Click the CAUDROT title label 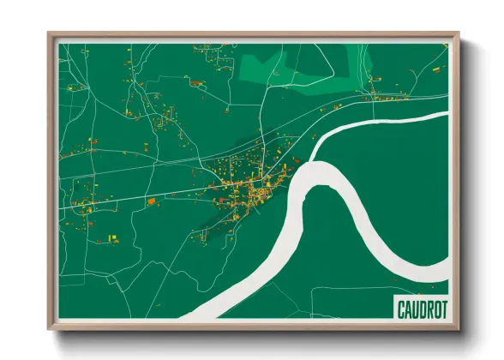(x=421, y=307)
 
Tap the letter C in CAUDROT (x=399, y=307)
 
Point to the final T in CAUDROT (x=442, y=307)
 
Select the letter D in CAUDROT (x=417, y=307)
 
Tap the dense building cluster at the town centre (x=249, y=193)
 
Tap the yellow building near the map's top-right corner (x=436, y=66)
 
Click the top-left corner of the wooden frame (x=50, y=35)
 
